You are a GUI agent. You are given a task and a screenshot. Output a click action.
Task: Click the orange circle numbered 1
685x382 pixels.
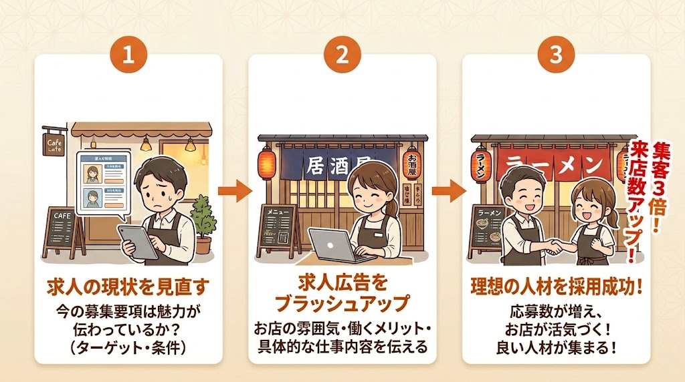coord(128,55)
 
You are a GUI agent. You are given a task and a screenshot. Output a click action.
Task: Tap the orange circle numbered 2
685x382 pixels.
coord(342,55)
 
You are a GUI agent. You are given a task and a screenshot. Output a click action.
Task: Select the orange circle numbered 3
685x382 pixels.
coord(556,55)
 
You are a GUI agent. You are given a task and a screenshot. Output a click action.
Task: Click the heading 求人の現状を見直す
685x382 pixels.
coord(128,287)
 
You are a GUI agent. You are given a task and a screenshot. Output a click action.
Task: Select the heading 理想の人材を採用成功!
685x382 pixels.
coord(556,287)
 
